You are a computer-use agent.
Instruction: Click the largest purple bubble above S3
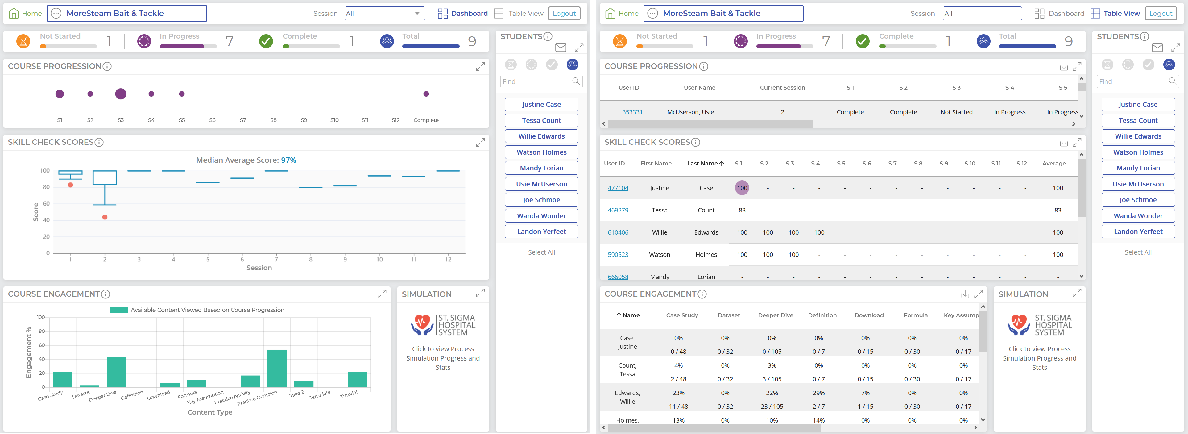pos(121,94)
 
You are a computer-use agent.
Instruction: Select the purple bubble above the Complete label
pos(426,94)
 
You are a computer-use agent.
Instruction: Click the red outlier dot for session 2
pos(105,217)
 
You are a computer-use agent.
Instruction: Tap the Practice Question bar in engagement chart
pos(277,369)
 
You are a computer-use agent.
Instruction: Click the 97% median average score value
pos(289,160)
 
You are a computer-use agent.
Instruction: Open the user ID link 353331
pos(632,112)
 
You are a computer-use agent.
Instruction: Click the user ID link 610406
pos(618,233)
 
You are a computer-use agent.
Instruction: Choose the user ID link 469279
pos(618,211)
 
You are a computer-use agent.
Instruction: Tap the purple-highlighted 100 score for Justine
pos(742,188)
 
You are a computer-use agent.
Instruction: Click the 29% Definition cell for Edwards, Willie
pos(819,393)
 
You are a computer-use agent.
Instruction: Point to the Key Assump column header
pos(961,315)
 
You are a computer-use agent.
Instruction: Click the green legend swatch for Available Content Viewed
pos(118,310)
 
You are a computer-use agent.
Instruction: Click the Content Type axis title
pos(210,412)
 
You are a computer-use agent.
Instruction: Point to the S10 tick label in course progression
pos(334,120)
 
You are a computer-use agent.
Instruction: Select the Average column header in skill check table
pos(1054,163)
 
